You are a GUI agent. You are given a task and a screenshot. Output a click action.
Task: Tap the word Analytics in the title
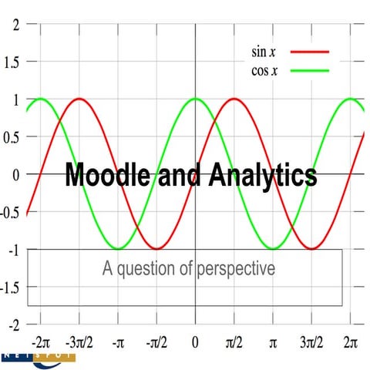(264, 175)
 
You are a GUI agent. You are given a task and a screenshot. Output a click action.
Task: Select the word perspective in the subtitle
(237, 269)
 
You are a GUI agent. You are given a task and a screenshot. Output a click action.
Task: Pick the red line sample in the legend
(309, 52)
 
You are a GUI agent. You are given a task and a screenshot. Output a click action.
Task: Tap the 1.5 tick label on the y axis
(11, 61)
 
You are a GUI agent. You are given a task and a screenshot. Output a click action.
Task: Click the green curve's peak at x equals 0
(195, 98)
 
